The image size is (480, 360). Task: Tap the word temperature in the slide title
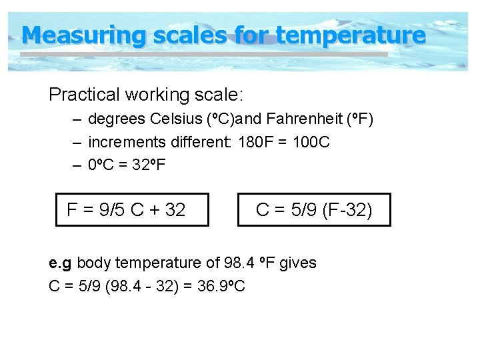350,35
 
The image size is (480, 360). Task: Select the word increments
127,142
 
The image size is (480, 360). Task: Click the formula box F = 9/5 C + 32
132,210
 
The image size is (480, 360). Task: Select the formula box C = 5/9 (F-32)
314,210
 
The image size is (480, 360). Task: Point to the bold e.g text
61,263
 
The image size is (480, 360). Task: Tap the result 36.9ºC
222,286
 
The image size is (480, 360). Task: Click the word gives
297,263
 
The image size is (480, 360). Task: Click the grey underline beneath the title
200,54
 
